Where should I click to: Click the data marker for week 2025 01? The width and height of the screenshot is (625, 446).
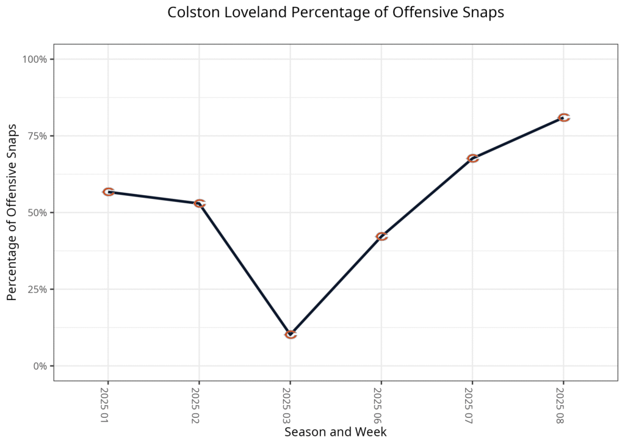[x=108, y=192]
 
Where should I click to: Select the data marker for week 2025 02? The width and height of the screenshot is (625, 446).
[x=199, y=203]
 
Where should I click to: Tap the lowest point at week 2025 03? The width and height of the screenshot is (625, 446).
[x=291, y=334]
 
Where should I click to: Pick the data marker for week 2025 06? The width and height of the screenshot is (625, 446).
[x=381, y=236]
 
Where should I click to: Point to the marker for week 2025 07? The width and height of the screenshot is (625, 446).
[x=472, y=159]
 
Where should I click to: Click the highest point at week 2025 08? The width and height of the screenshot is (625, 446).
[x=563, y=117]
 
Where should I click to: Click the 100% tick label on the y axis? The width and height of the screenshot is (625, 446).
[x=35, y=59]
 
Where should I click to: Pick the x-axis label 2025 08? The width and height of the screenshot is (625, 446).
[x=560, y=404]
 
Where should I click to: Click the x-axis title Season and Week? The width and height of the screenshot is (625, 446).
[x=335, y=432]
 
